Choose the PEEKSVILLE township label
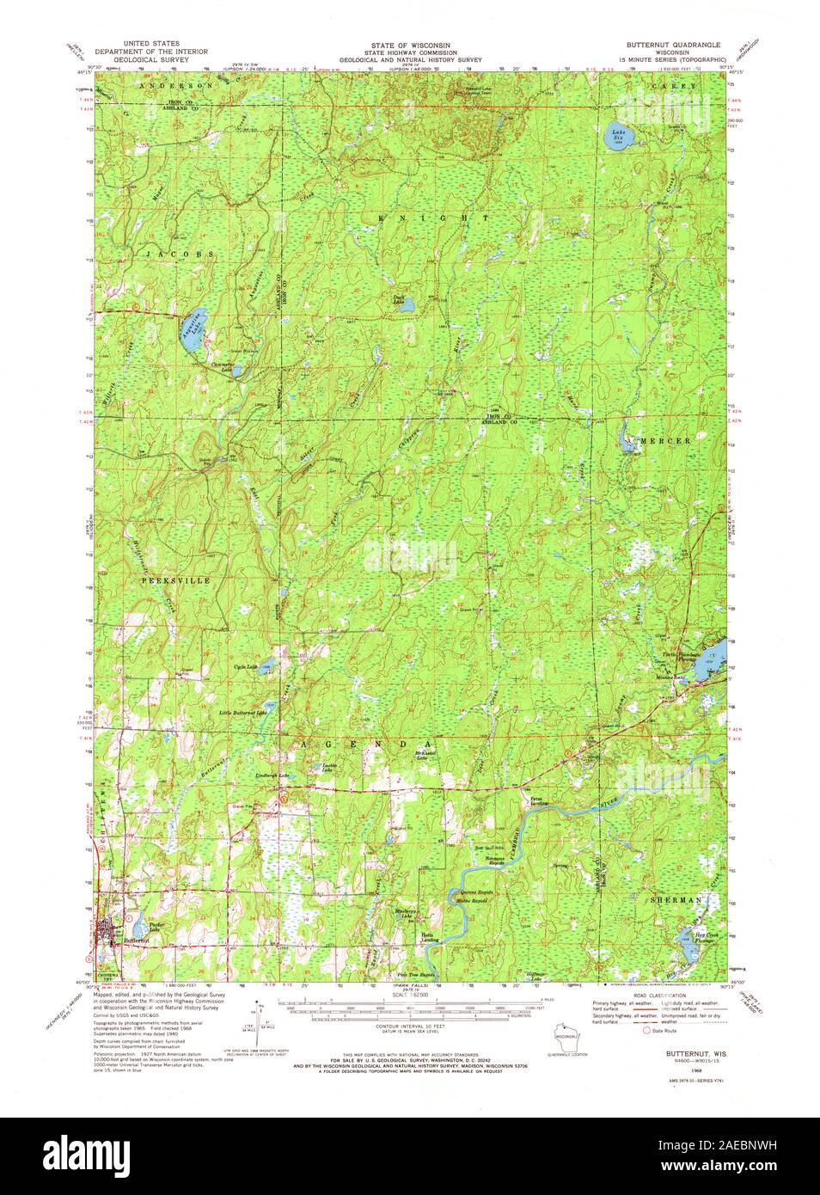[x=175, y=581]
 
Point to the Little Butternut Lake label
[x=243, y=713]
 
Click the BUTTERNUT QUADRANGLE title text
[x=679, y=43]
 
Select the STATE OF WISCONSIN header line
[x=409, y=43]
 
